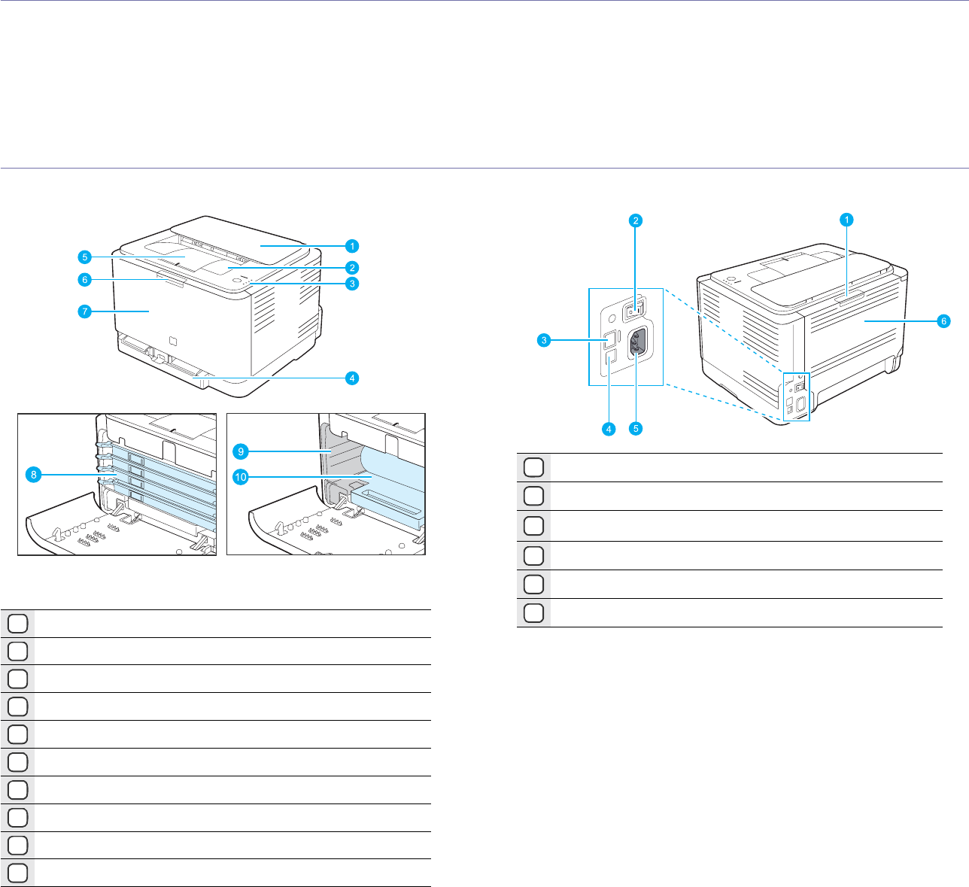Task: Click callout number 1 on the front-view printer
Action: tap(351, 245)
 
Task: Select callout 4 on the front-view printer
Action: tap(351, 378)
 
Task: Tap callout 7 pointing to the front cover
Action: tap(86, 310)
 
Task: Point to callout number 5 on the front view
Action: tap(86, 256)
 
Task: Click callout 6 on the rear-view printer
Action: tap(943, 320)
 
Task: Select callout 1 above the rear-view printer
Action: tap(846, 220)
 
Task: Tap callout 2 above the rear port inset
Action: tap(636, 220)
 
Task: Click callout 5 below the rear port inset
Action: tap(636, 429)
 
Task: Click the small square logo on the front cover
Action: tap(171, 339)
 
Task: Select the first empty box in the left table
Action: tap(19, 624)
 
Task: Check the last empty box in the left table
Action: tap(19, 873)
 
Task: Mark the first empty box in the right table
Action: tap(533, 467)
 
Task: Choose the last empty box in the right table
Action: tap(533, 613)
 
